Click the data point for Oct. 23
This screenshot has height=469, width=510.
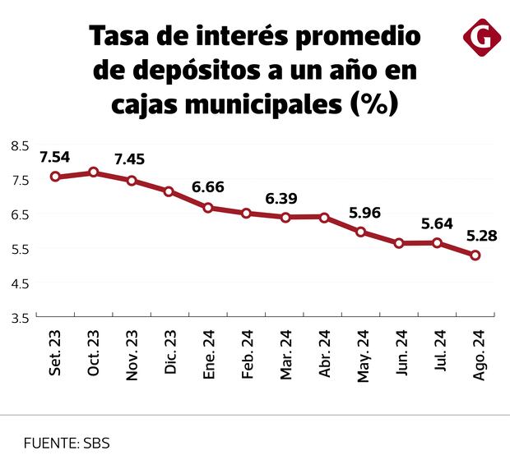[x=94, y=172]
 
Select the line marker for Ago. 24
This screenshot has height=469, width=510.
[x=475, y=255]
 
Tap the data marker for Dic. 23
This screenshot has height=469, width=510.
[x=169, y=191]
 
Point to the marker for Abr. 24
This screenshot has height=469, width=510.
[x=324, y=218]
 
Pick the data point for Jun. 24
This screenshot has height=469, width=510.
[x=399, y=243]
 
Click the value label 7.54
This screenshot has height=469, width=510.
[x=55, y=156]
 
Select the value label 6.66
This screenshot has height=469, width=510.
[x=207, y=187]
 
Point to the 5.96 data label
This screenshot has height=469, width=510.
[x=365, y=212]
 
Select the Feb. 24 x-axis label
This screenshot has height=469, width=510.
[x=246, y=355]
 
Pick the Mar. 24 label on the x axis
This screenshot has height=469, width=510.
[x=285, y=355]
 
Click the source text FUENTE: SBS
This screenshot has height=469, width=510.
[x=66, y=443]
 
